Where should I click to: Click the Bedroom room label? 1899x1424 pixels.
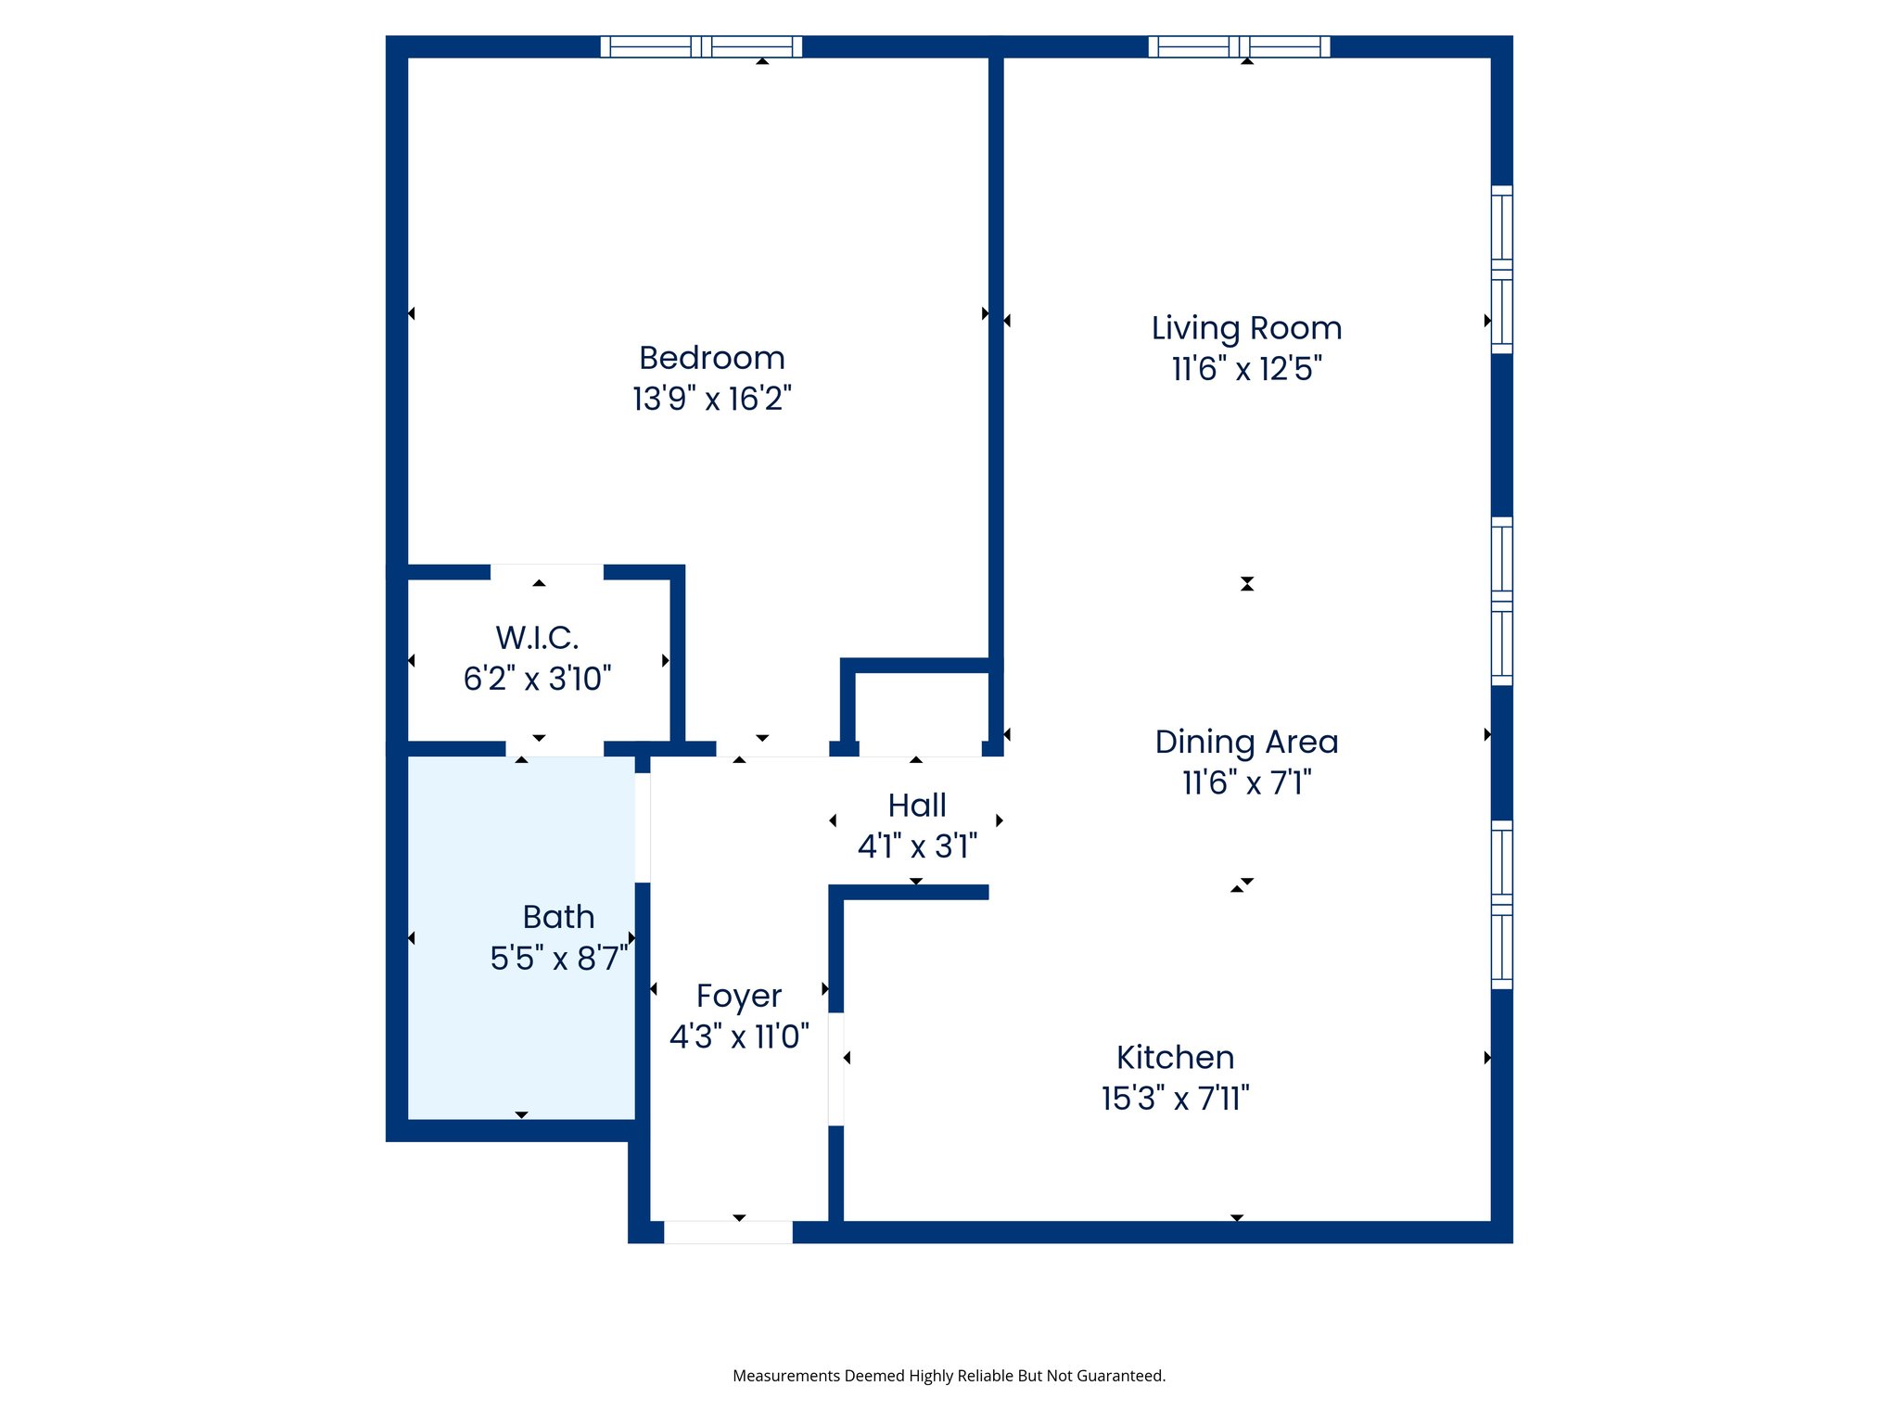711,358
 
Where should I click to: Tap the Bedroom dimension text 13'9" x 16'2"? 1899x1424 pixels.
711,399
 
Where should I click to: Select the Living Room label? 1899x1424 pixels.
1246,328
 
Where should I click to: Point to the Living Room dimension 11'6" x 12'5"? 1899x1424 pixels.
1246,369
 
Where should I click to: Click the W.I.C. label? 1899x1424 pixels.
537,638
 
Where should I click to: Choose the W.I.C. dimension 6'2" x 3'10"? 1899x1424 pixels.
537,679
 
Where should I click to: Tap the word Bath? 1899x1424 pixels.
558,917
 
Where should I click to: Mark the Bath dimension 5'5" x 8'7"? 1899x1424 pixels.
558,958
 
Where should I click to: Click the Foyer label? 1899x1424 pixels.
739,996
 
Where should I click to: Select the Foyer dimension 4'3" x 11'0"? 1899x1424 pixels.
739,1036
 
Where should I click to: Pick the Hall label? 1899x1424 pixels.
916,806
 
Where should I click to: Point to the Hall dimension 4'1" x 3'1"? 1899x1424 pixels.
916,846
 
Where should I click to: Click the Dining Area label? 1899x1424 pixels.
1246,742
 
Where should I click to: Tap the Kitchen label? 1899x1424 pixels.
1175,1058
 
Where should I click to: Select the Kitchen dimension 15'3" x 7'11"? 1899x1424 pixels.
1175,1099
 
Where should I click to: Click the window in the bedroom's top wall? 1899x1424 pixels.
701,46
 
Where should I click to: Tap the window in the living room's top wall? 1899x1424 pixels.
1239,46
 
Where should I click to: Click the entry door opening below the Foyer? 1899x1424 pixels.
728,1232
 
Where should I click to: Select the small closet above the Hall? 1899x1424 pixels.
921,709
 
